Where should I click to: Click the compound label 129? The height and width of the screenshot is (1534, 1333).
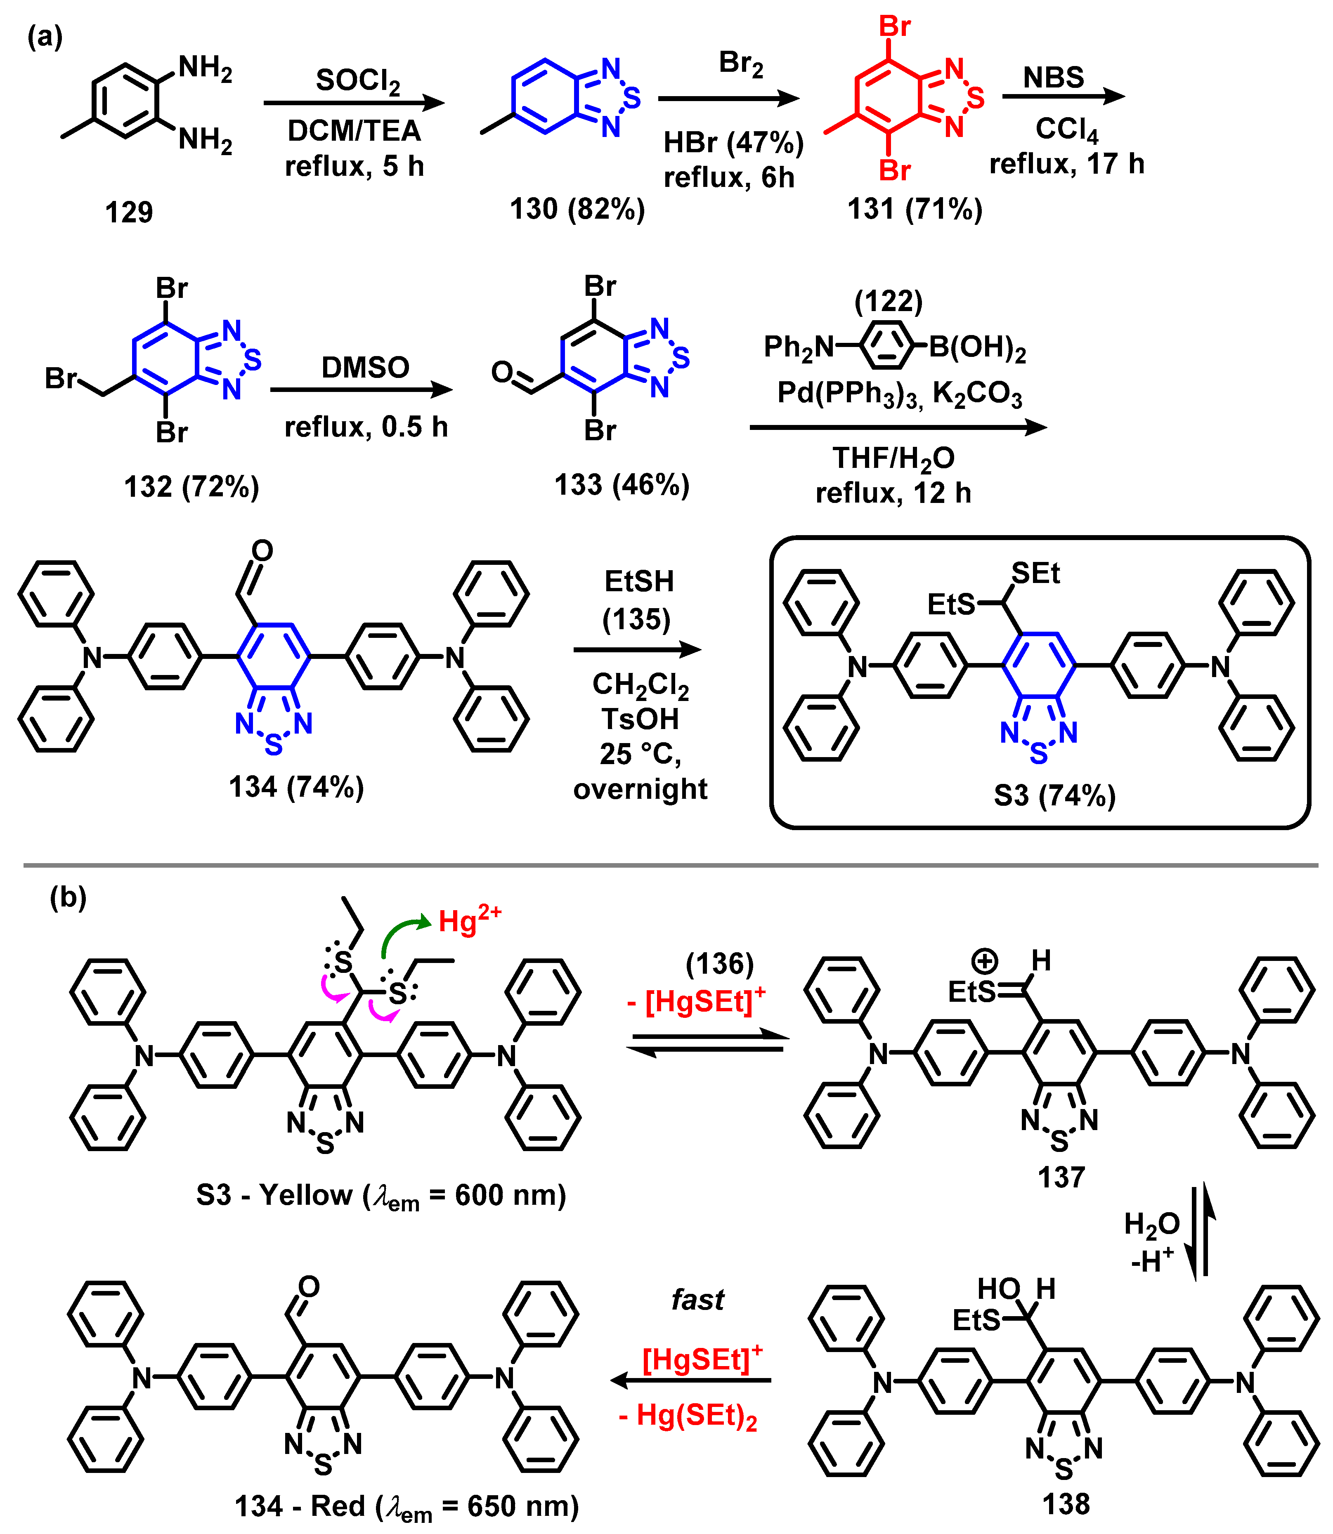click(x=129, y=212)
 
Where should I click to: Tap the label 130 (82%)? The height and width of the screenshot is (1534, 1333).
click(x=577, y=209)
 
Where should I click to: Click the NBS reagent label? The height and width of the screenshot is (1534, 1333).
click(x=1053, y=77)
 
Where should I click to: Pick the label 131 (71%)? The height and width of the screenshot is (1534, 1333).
click(x=915, y=209)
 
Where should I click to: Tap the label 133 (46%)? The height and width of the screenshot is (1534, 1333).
click(x=622, y=485)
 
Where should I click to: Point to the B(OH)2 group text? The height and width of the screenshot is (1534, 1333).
click(x=977, y=347)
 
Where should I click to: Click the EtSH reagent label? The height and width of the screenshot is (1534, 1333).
click(x=639, y=581)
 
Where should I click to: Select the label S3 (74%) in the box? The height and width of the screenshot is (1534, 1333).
click(x=1055, y=795)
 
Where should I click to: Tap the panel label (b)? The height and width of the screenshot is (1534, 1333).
click(x=68, y=897)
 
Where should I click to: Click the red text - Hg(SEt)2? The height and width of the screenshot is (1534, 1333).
click(x=688, y=1415)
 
